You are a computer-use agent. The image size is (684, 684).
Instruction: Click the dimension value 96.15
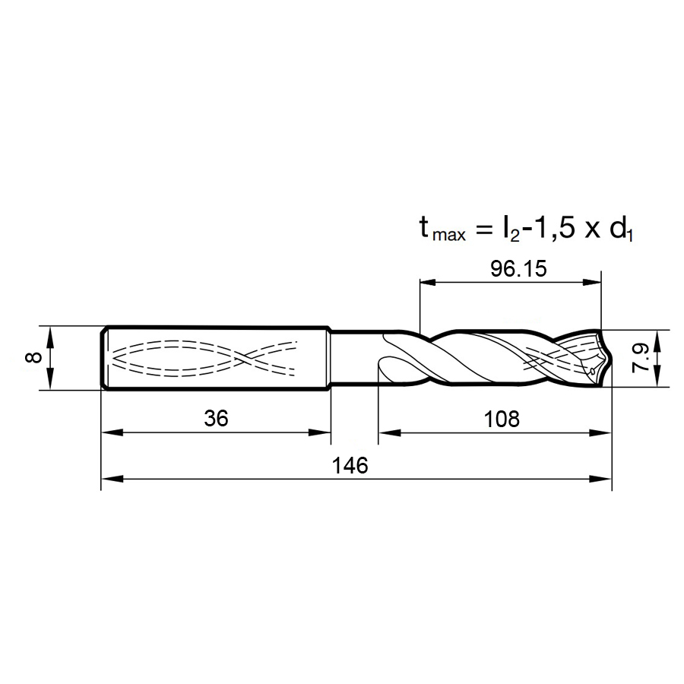click(518, 269)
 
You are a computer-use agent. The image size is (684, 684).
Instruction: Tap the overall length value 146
click(350, 465)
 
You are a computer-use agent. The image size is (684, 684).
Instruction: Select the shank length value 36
click(216, 419)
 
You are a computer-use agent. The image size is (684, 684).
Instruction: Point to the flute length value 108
click(502, 420)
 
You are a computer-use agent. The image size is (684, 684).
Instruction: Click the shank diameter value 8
click(33, 358)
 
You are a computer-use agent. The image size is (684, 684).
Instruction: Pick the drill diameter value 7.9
click(641, 358)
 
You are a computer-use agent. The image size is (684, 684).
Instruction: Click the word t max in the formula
click(442, 230)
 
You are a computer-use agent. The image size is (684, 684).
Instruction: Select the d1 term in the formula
click(621, 230)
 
